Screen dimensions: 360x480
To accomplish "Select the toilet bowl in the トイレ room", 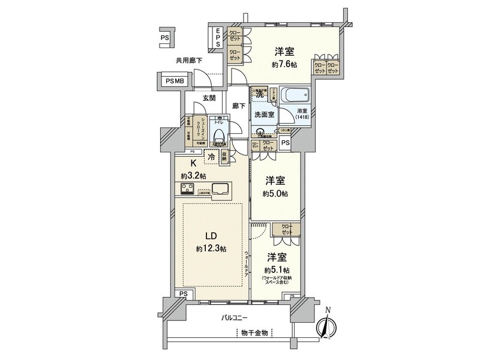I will [219, 135].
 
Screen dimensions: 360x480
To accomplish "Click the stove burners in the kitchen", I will [187, 190].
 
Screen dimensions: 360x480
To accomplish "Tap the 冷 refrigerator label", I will [211, 157].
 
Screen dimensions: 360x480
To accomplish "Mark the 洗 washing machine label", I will [260, 94].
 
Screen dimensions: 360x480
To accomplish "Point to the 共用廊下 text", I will [188, 60].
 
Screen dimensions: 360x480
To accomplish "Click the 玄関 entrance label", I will [209, 98].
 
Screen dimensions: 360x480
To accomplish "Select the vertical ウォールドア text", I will [247, 264].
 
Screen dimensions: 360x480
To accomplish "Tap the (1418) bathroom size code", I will [302, 118].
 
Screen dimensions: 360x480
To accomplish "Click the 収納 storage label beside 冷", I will [223, 157].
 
